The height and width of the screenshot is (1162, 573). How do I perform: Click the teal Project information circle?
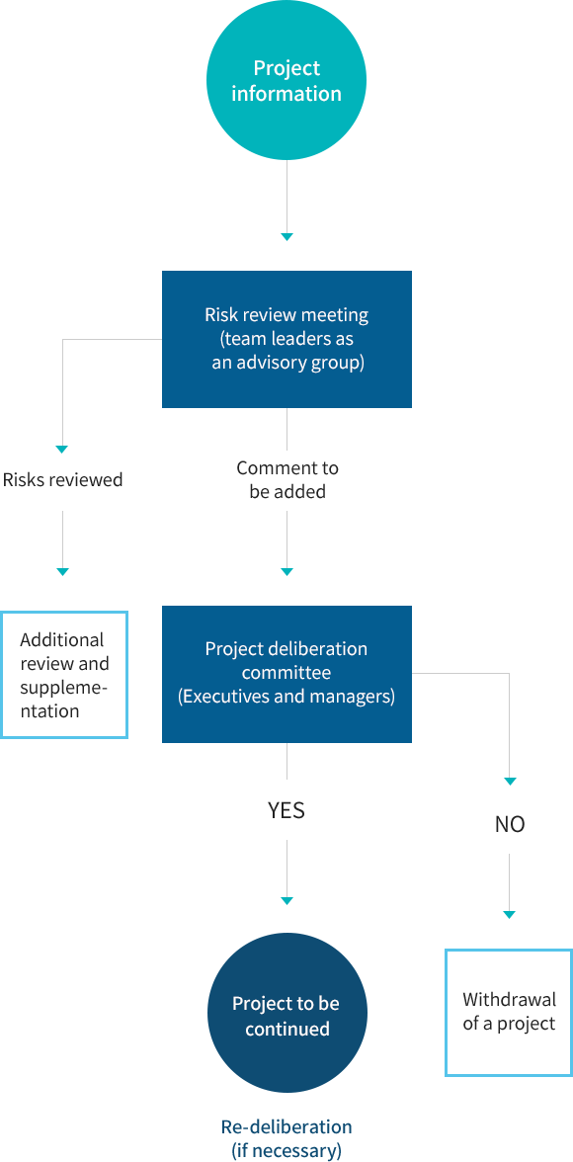pos(286,80)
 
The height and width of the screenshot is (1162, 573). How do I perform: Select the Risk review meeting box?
pos(286,339)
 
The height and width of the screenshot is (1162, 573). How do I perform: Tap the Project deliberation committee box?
pos(286,674)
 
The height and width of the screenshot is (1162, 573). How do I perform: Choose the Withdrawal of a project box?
pos(509,1012)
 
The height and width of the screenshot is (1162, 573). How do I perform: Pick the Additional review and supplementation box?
pos(64,674)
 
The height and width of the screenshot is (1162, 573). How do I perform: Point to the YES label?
pos(286,810)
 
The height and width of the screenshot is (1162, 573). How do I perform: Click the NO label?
pos(509,825)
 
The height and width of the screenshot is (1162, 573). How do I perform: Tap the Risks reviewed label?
pos(63,479)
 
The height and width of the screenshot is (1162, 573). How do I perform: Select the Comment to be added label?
pos(287,479)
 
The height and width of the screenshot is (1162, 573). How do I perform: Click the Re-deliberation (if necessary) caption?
pos(286,1139)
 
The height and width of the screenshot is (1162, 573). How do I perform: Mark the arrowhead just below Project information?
pos(286,236)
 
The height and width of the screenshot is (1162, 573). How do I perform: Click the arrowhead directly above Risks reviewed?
pos(62,449)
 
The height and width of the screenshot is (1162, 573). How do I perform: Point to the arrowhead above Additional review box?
pos(62,571)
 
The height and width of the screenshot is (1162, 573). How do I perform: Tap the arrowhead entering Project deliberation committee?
pos(286,571)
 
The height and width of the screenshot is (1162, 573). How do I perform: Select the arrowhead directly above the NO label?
pos(509,781)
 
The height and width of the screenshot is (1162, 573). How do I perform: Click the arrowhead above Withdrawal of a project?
pos(509,915)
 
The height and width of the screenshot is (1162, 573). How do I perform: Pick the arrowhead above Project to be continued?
pos(286,900)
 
